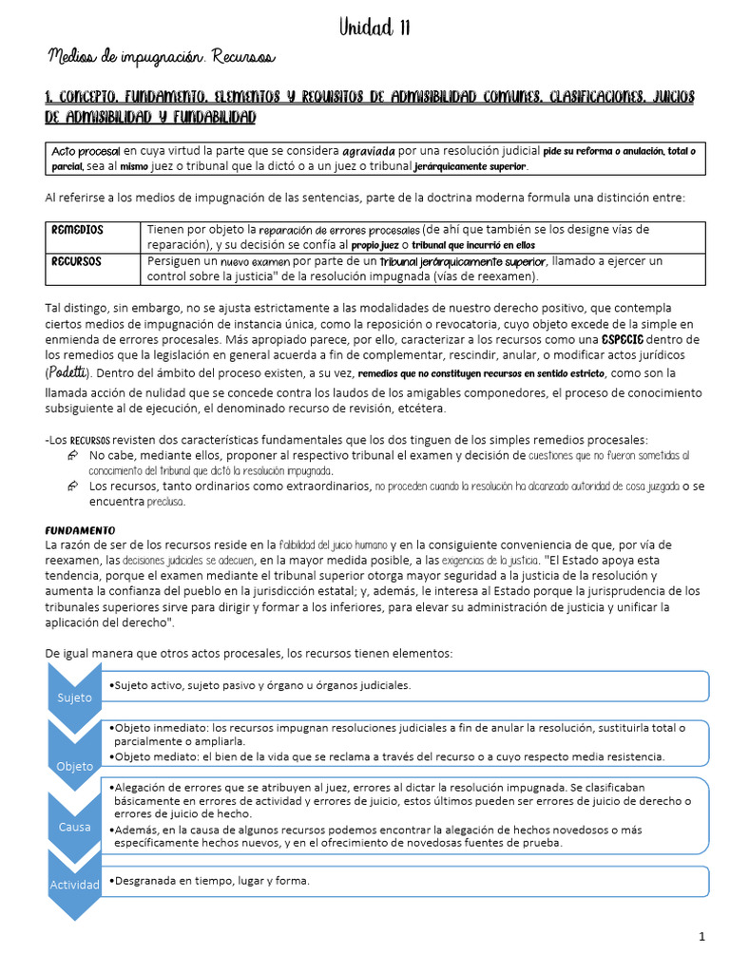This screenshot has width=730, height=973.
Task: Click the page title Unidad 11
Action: point(375,28)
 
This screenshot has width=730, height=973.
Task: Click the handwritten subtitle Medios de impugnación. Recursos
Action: point(161,59)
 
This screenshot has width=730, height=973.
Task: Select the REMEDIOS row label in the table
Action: point(78,231)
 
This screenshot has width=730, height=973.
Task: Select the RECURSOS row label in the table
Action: point(77,261)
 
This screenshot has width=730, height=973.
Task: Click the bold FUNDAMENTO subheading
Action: point(80,529)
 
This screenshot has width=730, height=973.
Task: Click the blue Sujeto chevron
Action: point(74,697)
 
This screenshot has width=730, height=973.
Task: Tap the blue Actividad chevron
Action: point(74,885)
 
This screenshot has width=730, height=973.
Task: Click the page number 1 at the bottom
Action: point(701,937)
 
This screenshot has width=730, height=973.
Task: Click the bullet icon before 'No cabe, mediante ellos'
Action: point(73,456)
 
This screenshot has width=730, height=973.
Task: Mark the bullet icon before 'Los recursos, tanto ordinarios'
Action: point(73,486)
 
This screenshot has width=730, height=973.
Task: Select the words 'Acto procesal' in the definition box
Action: point(86,151)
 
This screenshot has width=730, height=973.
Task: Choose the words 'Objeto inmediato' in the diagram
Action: point(160,728)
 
